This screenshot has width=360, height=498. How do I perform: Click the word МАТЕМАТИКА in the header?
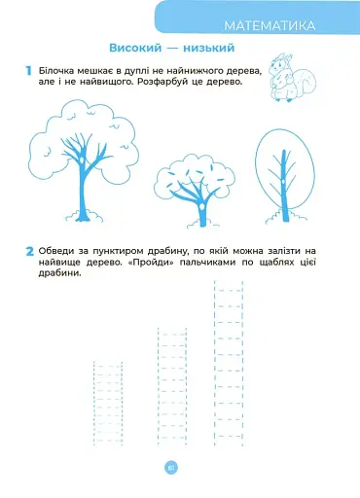coord(270,26)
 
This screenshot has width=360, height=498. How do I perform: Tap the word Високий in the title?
coord(135,48)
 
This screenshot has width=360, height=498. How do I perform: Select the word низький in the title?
coord(209,48)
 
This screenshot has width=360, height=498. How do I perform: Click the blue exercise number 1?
coord(28,71)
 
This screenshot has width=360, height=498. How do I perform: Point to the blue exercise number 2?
coord(29,251)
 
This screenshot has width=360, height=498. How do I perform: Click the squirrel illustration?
coord(292,78)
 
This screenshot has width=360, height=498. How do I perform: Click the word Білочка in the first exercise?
coord(55,70)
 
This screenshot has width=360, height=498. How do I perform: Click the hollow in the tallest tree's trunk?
coord(82,160)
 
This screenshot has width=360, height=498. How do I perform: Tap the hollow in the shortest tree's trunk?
coord(202,206)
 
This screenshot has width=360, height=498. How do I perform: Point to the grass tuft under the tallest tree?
coord(84,217)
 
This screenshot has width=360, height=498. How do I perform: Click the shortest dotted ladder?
coord(108,403)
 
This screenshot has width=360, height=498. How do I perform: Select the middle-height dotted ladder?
coord(172,386)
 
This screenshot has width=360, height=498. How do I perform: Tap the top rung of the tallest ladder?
coord(229,291)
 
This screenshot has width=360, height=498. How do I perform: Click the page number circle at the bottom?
coord(171,468)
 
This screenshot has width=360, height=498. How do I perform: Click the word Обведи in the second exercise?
coord(55,251)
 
